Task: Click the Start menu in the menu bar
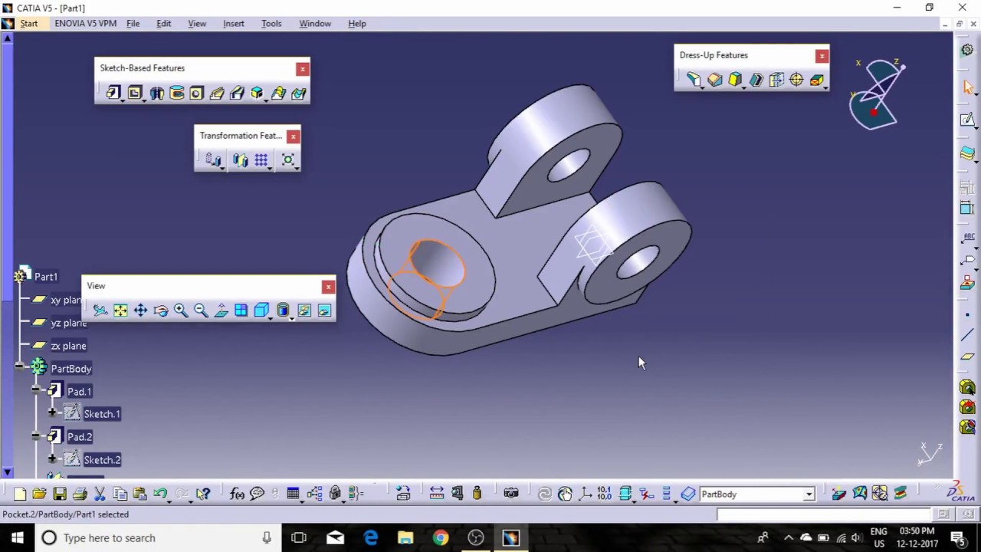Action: click(28, 24)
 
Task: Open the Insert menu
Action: click(234, 24)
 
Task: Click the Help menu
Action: click(357, 24)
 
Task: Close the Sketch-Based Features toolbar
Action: click(303, 69)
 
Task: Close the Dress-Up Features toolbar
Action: click(822, 56)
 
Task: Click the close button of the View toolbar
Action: click(328, 287)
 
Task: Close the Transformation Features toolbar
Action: click(293, 136)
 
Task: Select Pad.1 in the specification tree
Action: click(79, 392)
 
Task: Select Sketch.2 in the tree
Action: click(102, 460)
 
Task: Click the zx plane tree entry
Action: click(68, 346)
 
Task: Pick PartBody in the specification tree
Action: click(71, 369)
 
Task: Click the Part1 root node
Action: click(46, 277)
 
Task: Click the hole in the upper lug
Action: click(569, 165)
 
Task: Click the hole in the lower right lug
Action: click(638, 262)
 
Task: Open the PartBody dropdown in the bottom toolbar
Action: click(809, 495)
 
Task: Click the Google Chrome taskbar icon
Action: click(441, 538)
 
